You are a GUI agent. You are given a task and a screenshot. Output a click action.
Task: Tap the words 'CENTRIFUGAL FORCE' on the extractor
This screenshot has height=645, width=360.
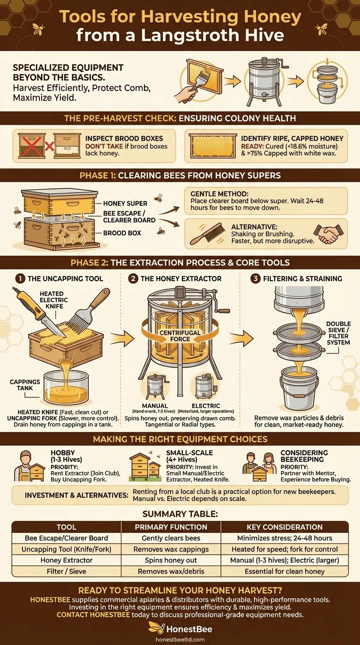coord(180,336)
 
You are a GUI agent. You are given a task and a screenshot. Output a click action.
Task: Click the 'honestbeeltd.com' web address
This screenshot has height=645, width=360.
coord(180,638)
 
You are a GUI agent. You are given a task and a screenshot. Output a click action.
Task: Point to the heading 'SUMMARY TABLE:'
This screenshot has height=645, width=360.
coord(180,513)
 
